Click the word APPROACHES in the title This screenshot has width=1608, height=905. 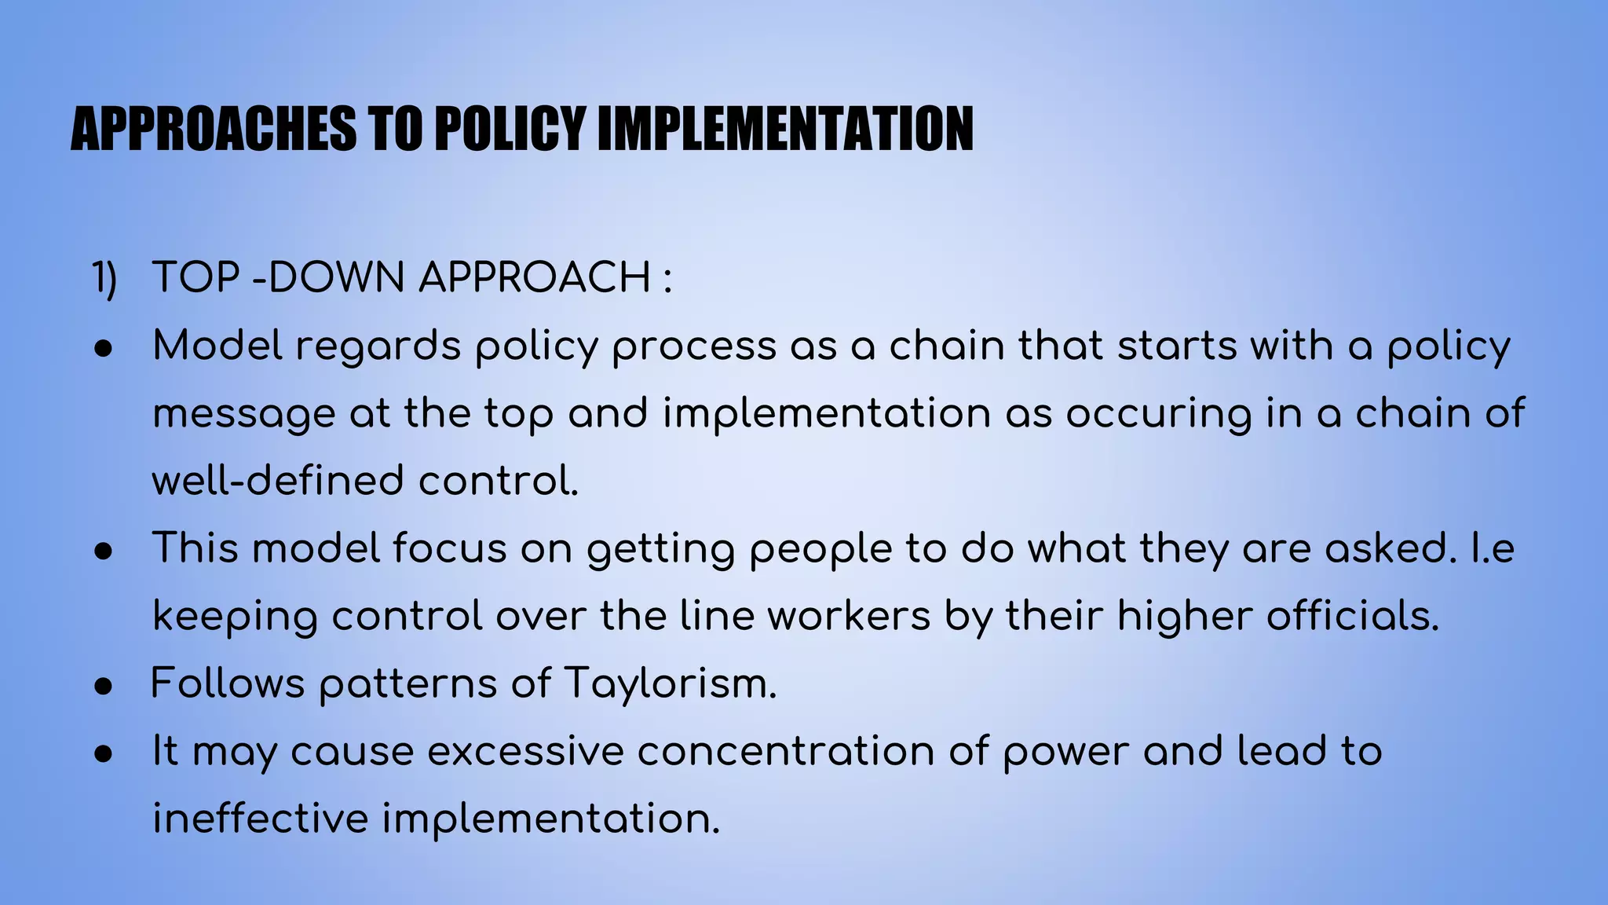(x=213, y=129)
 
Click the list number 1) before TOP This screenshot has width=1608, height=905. (x=104, y=278)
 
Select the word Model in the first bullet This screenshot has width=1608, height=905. (x=217, y=346)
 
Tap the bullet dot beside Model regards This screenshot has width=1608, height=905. (x=104, y=348)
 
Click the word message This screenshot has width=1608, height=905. (x=243, y=415)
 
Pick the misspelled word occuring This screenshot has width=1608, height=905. (x=1158, y=415)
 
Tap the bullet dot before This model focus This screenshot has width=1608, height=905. (x=104, y=551)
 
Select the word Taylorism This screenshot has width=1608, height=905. (x=670, y=683)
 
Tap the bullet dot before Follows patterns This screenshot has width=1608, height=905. (x=104, y=686)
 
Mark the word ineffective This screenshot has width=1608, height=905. (x=260, y=819)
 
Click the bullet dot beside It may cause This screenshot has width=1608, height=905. (x=104, y=753)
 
